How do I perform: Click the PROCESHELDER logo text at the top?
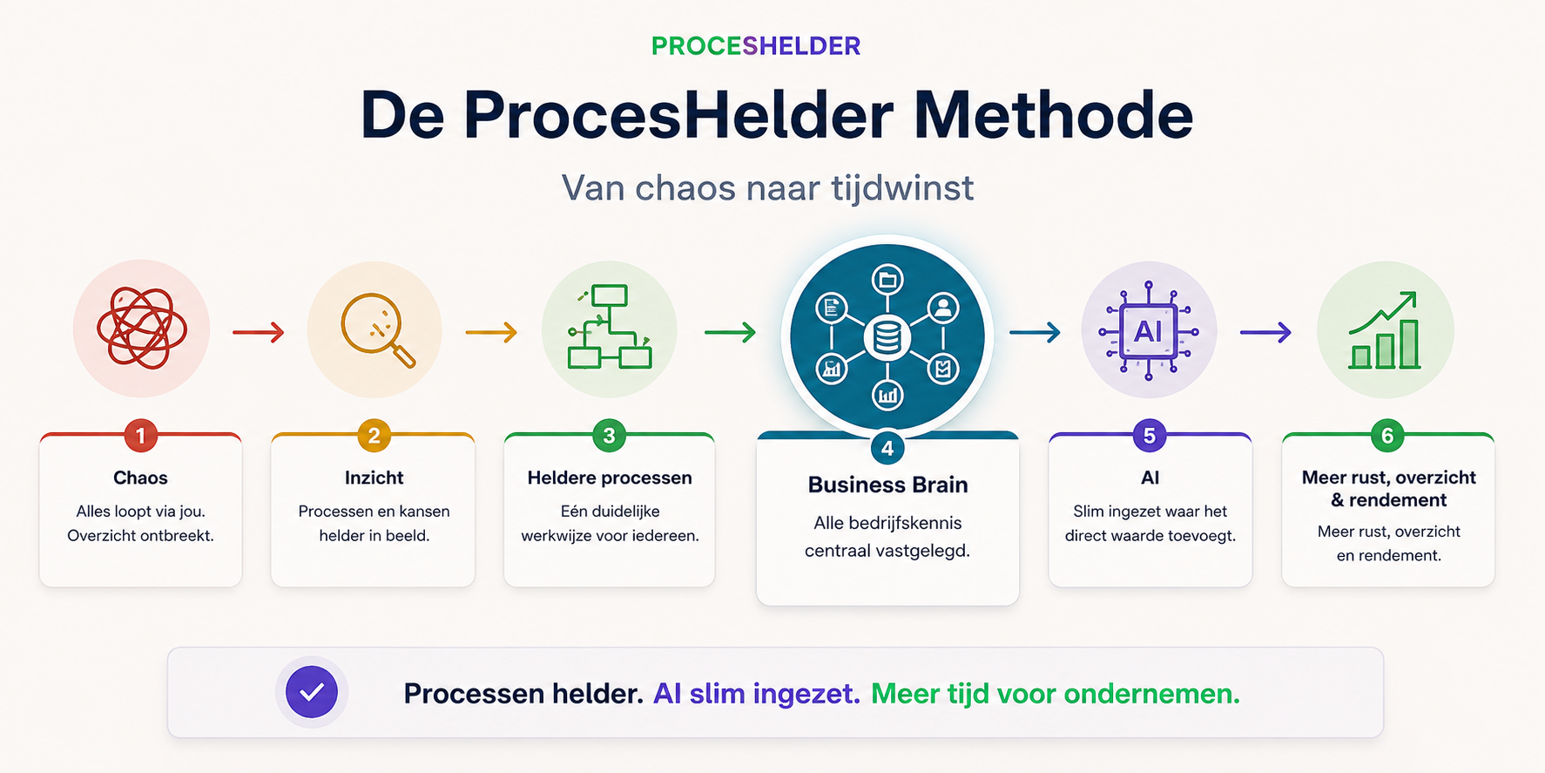756,46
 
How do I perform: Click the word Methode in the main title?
1053,115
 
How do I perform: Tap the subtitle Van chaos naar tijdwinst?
767,188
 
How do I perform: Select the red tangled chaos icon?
141,329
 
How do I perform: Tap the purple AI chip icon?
1148,331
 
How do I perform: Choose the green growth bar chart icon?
1385,330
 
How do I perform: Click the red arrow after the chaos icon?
259,332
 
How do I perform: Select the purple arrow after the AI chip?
1265,332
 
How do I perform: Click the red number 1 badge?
140,435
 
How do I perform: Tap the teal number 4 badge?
887,449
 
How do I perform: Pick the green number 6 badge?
1387,435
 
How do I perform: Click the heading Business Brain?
887,485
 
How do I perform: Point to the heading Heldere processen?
610,478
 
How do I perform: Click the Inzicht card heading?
374,478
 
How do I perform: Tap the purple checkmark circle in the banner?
312,693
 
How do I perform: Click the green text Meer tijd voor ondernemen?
1056,694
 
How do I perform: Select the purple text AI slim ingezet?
757,694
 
